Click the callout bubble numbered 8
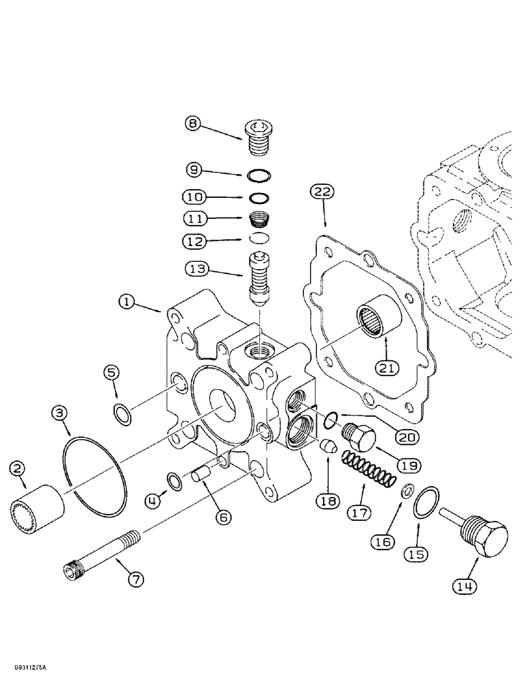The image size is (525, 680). point(194,123)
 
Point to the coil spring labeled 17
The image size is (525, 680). point(366,471)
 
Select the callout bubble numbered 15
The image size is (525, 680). point(418,554)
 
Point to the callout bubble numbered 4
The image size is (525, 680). point(155,502)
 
